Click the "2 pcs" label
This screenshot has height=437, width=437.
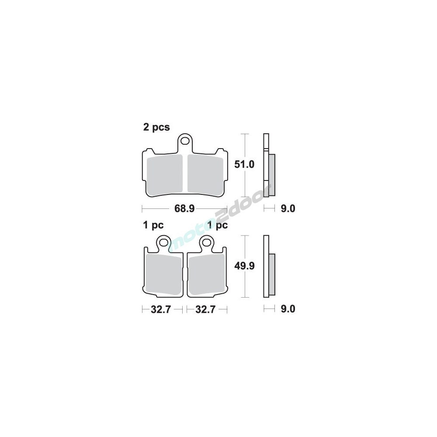(156, 127)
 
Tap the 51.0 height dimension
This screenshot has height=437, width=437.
(244, 164)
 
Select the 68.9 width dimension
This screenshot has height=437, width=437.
(184, 208)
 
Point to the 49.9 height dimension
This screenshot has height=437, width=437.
(244, 266)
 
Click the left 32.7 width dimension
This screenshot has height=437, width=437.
(160, 309)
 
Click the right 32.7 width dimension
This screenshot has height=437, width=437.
(205, 309)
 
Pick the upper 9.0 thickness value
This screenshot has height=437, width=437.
(288, 208)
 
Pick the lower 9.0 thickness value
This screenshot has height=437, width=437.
(288, 309)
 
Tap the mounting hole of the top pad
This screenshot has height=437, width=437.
(185, 140)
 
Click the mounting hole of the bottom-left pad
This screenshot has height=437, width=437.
(163, 242)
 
